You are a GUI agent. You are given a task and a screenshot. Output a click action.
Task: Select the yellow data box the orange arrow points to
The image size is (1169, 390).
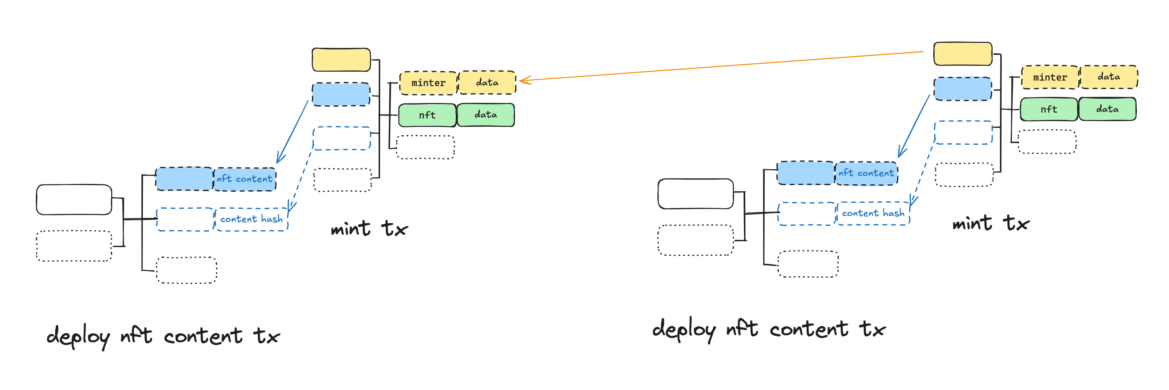[x=487, y=82]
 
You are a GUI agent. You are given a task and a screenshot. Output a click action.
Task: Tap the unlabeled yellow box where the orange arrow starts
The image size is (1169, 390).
[x=962, y=54]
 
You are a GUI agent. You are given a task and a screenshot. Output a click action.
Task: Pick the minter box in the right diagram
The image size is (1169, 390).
[x=1050, y=78]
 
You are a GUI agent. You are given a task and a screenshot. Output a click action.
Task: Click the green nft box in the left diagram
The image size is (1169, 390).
[x=427, y=115]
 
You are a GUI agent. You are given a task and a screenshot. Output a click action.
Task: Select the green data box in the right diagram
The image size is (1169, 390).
[x=1107, y=109]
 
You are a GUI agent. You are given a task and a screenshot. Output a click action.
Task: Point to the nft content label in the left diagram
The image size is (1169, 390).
[x=245, y=179]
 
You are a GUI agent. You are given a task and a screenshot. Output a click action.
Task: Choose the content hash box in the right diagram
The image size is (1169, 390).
[x=873, y=213]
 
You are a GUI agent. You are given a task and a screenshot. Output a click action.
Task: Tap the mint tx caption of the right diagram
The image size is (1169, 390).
[x=991, y=223]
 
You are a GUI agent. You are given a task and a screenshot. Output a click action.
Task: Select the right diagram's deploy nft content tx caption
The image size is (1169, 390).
[x=768, y=329]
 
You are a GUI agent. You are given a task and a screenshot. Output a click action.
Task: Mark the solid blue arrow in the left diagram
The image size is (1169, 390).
[x=293, y=131]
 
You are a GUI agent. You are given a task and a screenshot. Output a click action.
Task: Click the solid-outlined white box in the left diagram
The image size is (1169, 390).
[x=74, y=199]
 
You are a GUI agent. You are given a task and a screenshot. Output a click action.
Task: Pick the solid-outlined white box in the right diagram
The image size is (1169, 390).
[x=695, y=194]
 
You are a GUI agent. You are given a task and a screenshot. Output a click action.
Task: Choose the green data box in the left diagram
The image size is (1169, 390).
[x=485, y=115]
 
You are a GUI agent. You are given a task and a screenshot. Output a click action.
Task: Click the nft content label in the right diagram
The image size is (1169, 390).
[x=866, y=173]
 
